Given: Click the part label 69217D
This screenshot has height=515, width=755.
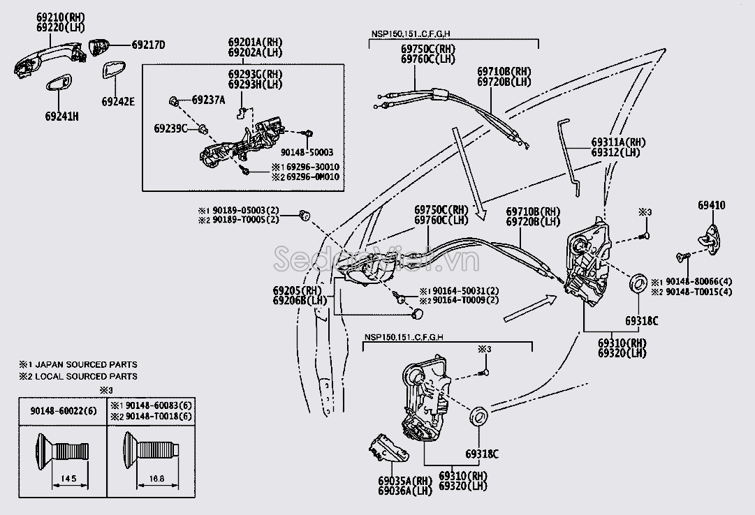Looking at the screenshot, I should pyautogui.click(x=148, y=45).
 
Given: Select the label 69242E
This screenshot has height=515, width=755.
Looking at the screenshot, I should pyautogui.click(x=117, y=101).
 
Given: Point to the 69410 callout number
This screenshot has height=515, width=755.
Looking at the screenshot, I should pyautogui.click(x=711, y=205).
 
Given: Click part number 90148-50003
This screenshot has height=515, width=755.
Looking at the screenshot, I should pyautogui.click(x=307, y=152).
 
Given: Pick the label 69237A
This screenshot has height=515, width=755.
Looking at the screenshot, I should pyautogui.click(x=208, y=100).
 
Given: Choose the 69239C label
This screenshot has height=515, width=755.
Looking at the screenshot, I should pyautogui.click(x=171, y=128).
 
